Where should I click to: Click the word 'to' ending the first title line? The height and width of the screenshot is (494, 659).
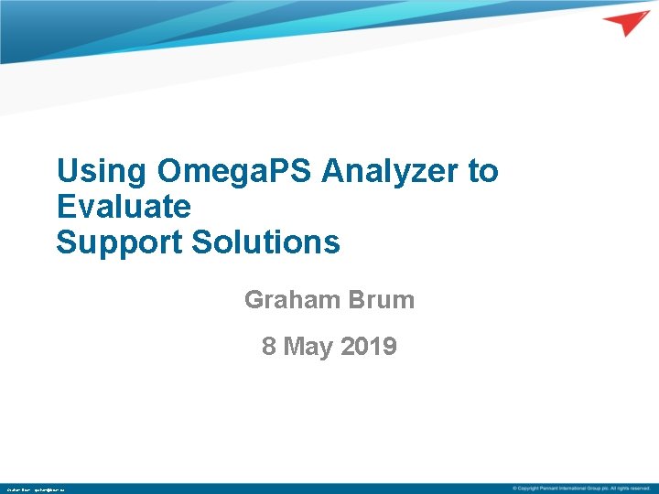pyautogui.click(x=482, y=171)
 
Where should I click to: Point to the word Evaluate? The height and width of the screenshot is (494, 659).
pyautogui.click(x=124, y=207)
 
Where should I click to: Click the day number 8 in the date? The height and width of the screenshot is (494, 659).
pyautogui.click(x=269, y=347)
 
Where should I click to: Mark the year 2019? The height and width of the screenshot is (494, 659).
pyautogui.click(x=369, y=347)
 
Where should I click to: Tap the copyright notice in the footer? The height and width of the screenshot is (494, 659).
pyautogui.click(x=581, y=489)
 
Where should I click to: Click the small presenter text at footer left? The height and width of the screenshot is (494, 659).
pyautogui.click(x=35, y=489)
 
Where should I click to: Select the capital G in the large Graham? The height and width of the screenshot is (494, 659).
pyautogui.click(x=254, y=299)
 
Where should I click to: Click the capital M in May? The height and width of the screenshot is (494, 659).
pyautogui.click(x=294, y=347)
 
